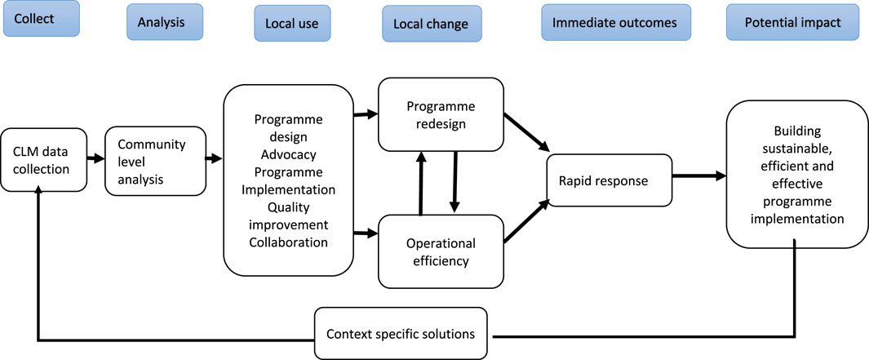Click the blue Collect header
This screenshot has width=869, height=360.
click(42, 18)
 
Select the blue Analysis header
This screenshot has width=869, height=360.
click(163, 21)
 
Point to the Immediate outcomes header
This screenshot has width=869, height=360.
click(614, 22)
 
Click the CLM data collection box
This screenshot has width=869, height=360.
click(45, 159)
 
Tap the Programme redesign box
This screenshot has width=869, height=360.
click(441, 116)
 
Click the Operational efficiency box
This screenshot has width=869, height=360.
click(441, 252)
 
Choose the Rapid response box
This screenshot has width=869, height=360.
click(609, 180)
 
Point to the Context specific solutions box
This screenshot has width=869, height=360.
click(401, 333)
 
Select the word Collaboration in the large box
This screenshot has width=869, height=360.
click(288, 242)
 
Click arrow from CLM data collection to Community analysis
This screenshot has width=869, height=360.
click(96, 158)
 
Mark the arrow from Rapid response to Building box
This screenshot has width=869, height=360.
click(698, 176)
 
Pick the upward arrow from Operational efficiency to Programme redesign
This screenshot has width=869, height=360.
click(421, 183)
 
